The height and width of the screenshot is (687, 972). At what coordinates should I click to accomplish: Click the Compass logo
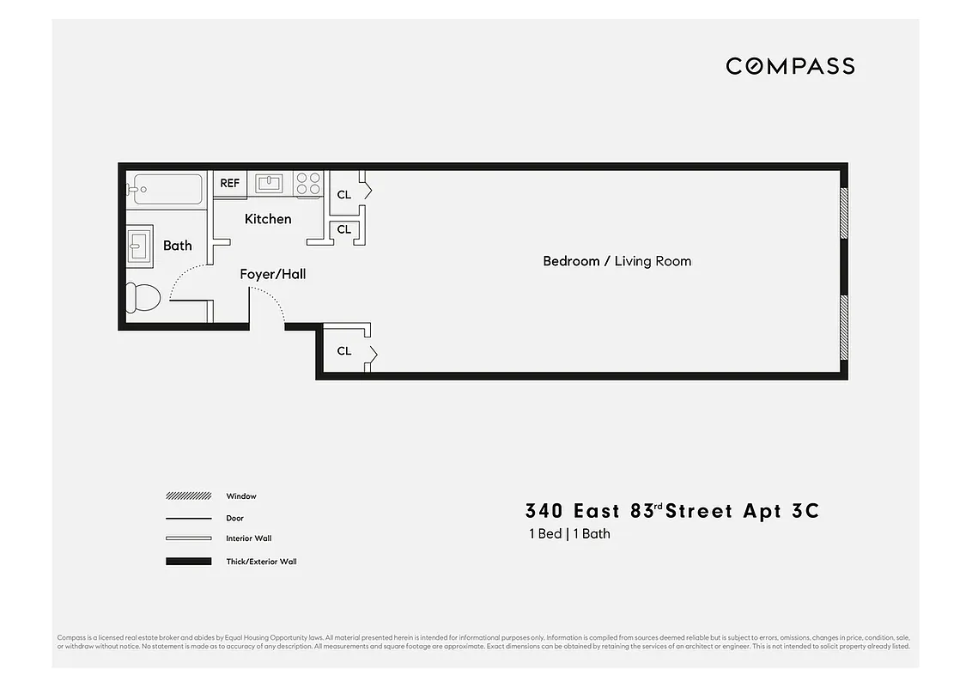click(790, 66)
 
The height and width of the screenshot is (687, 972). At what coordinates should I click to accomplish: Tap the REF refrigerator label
click(229, 183)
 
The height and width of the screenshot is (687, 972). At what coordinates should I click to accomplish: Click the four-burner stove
click(308, 183)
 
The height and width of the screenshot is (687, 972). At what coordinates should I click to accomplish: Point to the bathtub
click(168, 189)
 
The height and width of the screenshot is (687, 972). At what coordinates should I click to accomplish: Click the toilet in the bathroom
click(143, 298)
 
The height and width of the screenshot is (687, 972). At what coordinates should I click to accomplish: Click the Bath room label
click(178, 246)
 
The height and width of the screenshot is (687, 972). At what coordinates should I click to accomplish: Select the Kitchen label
click(268, 219)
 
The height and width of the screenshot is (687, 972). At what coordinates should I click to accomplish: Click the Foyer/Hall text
click(272, 274)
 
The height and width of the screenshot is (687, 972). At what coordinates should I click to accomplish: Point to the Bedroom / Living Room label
click(617, 261)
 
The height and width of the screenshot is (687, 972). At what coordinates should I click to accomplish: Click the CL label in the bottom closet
click(344, 350)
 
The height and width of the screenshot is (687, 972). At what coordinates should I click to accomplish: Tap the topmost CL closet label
click(344, 195)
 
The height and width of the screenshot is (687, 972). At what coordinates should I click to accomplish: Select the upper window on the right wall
click(843, 212)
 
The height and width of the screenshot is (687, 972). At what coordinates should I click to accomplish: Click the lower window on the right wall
click(843, 327)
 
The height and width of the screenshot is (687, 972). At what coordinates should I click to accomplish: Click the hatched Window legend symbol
click(188, 496)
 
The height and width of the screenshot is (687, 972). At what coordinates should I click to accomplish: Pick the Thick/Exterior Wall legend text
click(261, 562)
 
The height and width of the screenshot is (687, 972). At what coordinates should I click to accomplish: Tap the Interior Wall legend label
click(248, 538)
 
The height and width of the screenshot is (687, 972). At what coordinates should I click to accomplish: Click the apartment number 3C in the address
click(805, 512)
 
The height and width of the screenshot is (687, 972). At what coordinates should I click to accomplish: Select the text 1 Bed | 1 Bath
click(569, 534)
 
